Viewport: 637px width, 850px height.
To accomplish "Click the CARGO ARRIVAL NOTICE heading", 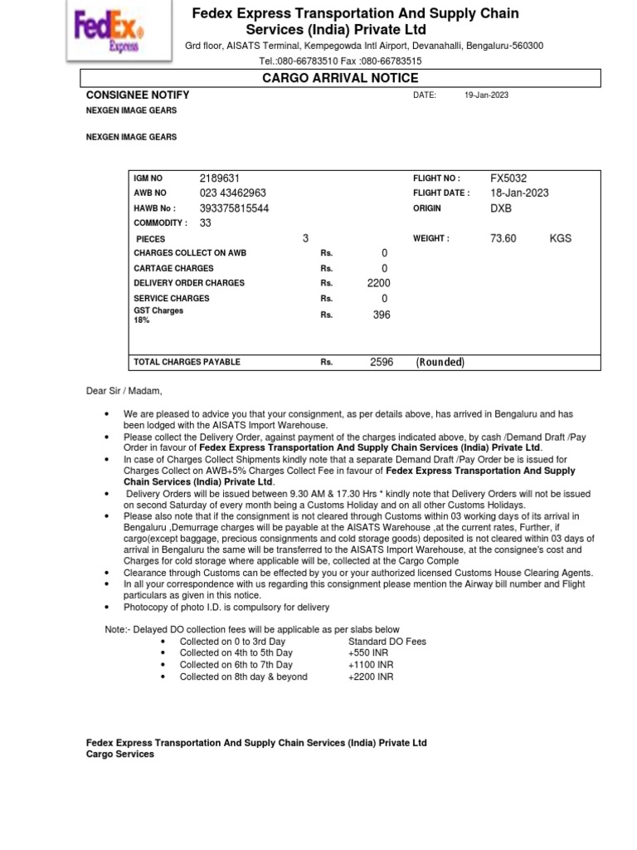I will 340,78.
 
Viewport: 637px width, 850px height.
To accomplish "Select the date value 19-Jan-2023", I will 486,95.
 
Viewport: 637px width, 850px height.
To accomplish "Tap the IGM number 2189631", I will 219,178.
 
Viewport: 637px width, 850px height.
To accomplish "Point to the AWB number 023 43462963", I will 232,193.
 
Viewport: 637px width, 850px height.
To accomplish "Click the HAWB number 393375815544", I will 234,208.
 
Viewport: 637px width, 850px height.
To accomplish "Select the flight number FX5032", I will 508,178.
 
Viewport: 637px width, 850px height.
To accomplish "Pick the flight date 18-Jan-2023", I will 519,193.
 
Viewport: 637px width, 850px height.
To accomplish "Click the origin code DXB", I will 502,208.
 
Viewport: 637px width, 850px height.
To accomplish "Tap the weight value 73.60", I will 503,238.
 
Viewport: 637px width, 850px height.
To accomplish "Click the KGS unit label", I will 560,238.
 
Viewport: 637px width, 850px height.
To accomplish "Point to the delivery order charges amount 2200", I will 378,283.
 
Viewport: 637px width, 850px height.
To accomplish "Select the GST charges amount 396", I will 381,315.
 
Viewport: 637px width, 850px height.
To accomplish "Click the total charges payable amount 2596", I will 382,363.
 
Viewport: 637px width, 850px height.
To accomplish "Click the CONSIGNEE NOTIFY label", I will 138,95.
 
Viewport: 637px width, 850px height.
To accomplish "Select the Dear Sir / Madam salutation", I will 124,391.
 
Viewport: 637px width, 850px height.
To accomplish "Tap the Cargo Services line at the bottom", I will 120,755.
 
